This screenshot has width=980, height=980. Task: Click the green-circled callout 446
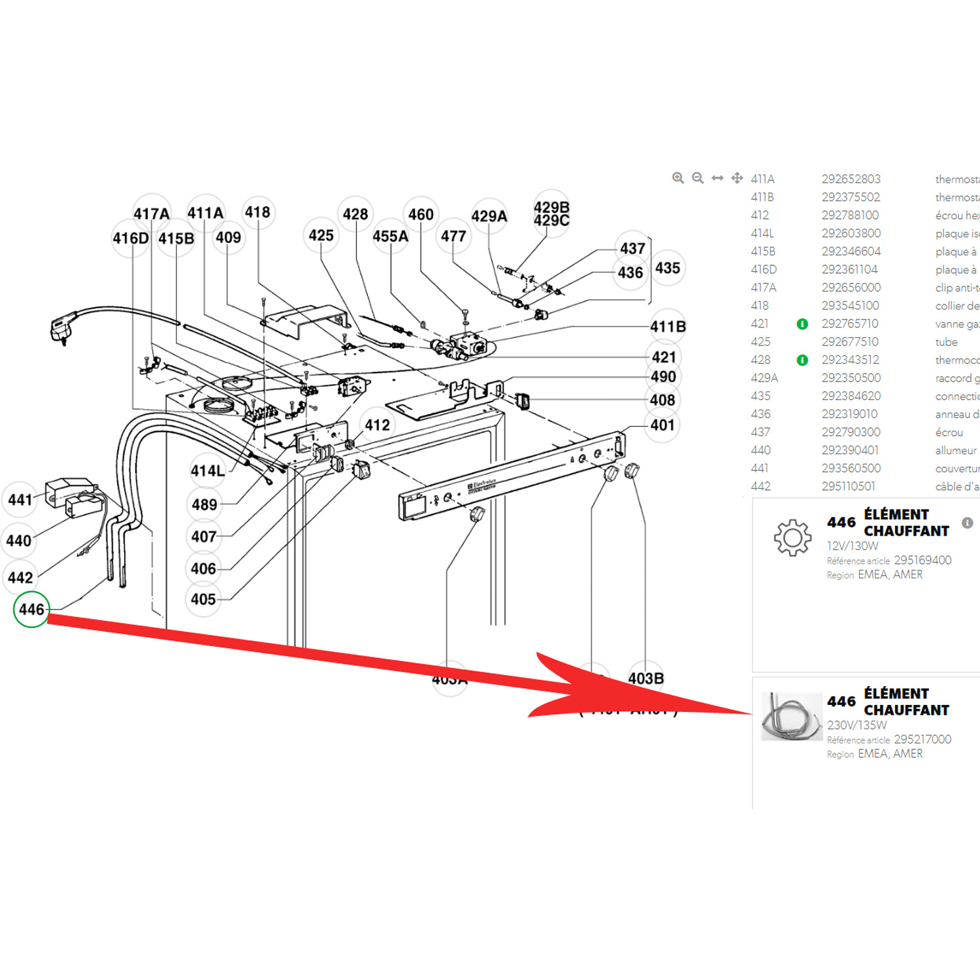(31, 609)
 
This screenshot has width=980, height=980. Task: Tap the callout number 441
(20, 500)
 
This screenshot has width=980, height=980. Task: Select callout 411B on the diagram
(668, 327)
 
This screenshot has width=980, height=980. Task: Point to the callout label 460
(421, 215)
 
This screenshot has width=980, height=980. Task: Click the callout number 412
(377, 425)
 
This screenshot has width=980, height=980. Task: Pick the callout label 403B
(645, 679)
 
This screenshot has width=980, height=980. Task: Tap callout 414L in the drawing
(207, 471)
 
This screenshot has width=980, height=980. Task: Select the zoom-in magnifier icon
(678, 178)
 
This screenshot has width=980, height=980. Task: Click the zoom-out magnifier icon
(698, 178)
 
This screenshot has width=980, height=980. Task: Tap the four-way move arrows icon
(737, 178)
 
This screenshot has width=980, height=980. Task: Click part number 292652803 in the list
(851, 179)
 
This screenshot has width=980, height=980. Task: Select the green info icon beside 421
(802, 324)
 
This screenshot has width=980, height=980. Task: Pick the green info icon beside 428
(802, 360)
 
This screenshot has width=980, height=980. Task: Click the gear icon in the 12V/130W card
(792, 538)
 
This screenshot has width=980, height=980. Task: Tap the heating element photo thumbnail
(791, 717)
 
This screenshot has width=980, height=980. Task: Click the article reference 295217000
(922, 740)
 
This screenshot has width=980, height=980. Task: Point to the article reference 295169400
(922, 561)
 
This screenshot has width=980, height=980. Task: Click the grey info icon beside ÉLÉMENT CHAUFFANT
(967, 523)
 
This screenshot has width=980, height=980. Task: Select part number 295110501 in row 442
(848, 487)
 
